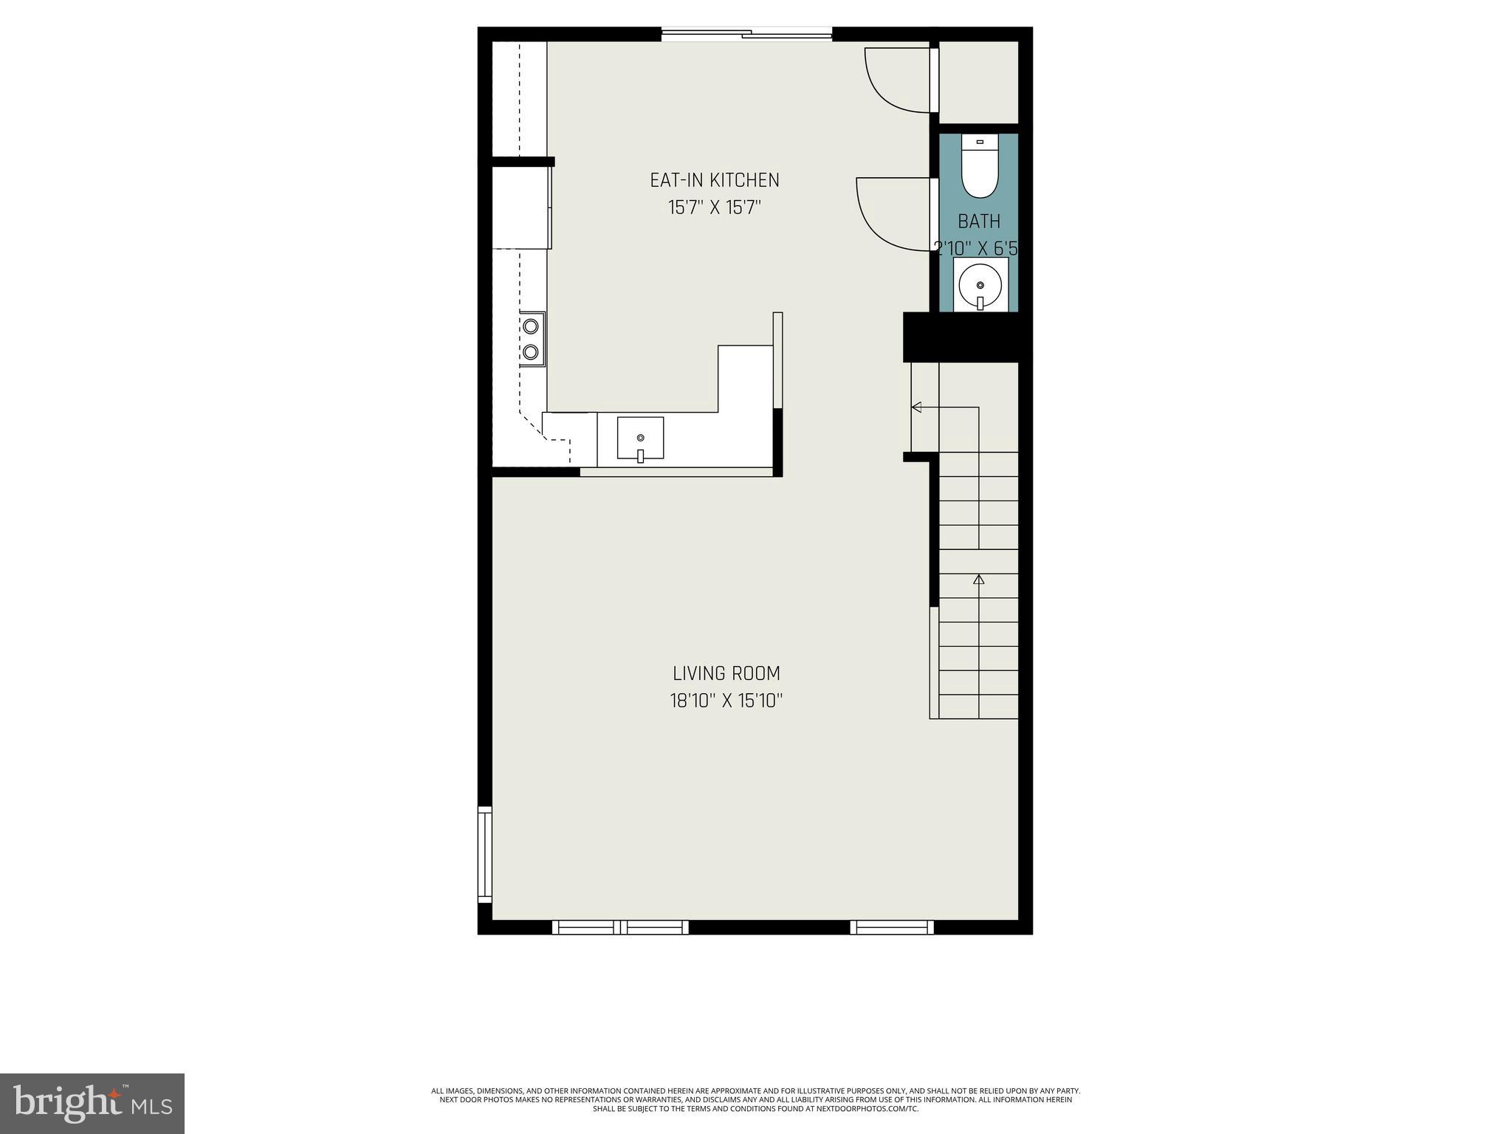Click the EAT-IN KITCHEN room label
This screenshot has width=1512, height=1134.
(714, 180)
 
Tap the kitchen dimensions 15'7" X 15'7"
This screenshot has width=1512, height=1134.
(714, 207)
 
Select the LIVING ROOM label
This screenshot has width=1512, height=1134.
(726, 673)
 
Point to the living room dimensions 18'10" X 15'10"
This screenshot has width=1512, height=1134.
(726, 701)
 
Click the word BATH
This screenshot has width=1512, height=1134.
(979, 221)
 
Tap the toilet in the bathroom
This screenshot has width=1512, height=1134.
(980, 170)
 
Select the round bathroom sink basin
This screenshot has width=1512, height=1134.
(980, 285)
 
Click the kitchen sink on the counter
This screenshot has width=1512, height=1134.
(640, 439)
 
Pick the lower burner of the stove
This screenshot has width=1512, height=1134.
(531, 351)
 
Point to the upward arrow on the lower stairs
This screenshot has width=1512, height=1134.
(979, 580)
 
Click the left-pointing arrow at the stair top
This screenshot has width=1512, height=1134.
(917, 407)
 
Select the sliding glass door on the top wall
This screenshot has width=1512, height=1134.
(746, 32)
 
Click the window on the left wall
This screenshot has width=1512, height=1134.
(484, 854)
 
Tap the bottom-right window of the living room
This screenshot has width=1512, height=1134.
(891, 927)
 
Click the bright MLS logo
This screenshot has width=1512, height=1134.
(92, 1103)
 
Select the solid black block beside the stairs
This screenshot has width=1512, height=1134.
(960, 337)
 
